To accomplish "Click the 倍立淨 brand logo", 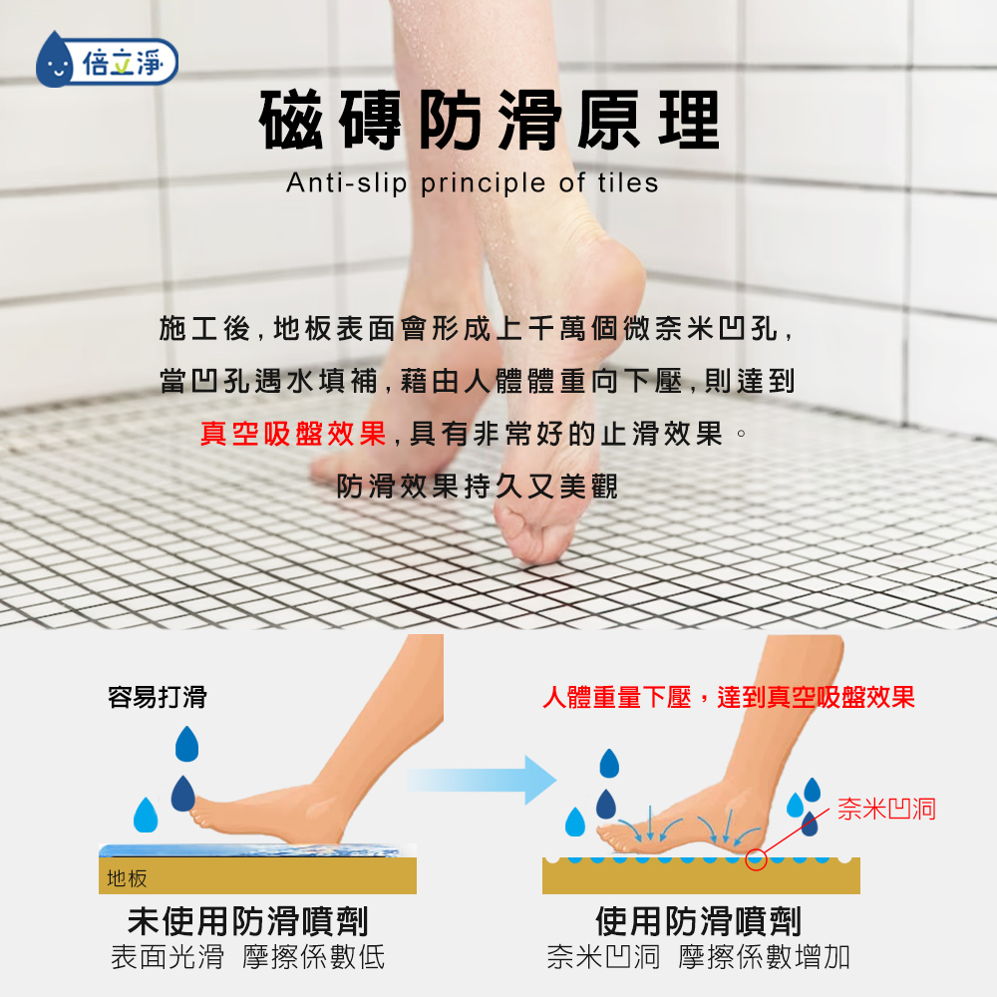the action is tap(107, 61).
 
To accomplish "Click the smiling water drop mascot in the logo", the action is tap(55, 61).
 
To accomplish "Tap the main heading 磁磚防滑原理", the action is tap(490, 120).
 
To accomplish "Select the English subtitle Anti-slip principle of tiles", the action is tap(473, 183).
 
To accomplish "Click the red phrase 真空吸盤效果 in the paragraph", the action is tap(293, 434).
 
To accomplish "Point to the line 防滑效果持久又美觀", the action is tap(477, 487).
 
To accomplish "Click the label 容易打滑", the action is tap(158, 697).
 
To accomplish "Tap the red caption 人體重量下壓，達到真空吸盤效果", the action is tap(729, 698).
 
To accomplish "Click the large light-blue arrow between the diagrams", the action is tap(482, 780).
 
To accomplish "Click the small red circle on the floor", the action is tap(756, 859).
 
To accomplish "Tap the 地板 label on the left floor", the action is tap(128, 878).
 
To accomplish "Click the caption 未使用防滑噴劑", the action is tap(248, 921).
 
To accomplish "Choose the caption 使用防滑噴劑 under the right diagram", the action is tap(698, 921).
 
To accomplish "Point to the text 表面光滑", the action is tap(167, 957).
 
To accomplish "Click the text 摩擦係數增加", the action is tap(764, 957).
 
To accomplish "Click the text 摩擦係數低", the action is tap(313, 957).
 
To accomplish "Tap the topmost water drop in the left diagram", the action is tap(187, 744).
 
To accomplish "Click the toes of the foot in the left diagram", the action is tap(202, 816).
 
